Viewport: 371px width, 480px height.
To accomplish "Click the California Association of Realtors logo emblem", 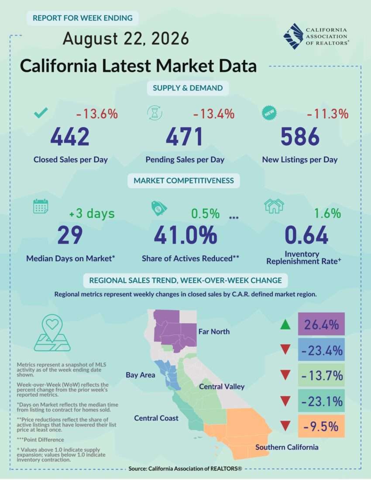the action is click(293, 36).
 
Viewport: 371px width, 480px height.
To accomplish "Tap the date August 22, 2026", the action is click(126, 39).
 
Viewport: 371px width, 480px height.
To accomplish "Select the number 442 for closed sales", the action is click(70, 137).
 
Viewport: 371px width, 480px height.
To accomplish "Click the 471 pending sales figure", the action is click(184, 137).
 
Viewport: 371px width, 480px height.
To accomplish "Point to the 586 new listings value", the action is click(300, 137).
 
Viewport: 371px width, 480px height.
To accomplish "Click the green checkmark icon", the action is click(41, 113).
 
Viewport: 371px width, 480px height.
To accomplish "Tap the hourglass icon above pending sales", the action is click(155, 113).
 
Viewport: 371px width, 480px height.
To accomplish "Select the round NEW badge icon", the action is click(269, 113).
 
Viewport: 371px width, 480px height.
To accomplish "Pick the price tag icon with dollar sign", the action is click(159, 208).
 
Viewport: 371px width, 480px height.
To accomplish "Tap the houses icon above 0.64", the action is click(274, 206).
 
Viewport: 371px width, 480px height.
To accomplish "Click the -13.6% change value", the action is click(97, 114).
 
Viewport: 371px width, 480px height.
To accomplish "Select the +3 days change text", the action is click(92, 213).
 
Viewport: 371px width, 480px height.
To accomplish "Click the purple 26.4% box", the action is click(321, 324).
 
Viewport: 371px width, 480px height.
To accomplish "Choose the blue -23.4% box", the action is click(321, 350).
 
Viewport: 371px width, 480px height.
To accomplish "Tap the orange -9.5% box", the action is click(321, 426).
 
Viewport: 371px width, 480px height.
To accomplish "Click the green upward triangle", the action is click(285, 325).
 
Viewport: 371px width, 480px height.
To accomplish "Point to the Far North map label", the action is click(214, 332).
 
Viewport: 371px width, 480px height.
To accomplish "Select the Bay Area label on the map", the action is click(141, 375).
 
